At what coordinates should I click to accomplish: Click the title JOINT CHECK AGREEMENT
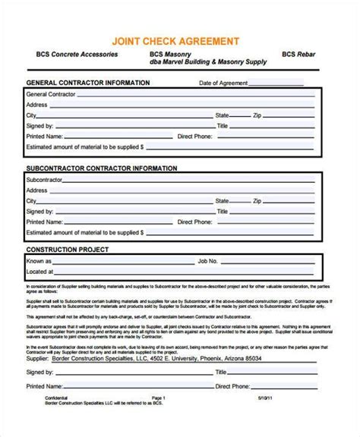tap(180, 40)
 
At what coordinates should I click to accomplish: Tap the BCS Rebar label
tap(298, 55)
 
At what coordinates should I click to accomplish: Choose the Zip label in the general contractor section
tap(257, 115)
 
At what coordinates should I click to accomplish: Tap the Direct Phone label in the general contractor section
tap(197, 136)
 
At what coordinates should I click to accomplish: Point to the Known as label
tap(39, 260)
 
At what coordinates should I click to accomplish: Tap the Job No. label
tap(208, 260)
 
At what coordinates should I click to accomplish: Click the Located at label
tap(39, 271)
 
